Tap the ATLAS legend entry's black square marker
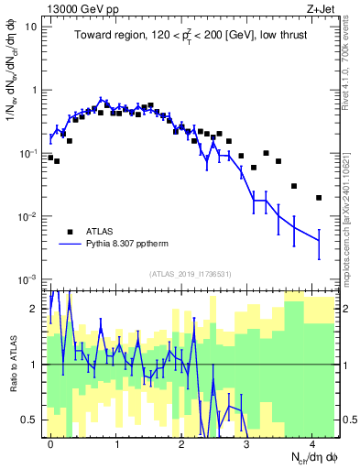point(70,231)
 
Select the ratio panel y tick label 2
point(35,309)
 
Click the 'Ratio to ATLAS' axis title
point(12,365)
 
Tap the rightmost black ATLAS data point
point(318,197)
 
